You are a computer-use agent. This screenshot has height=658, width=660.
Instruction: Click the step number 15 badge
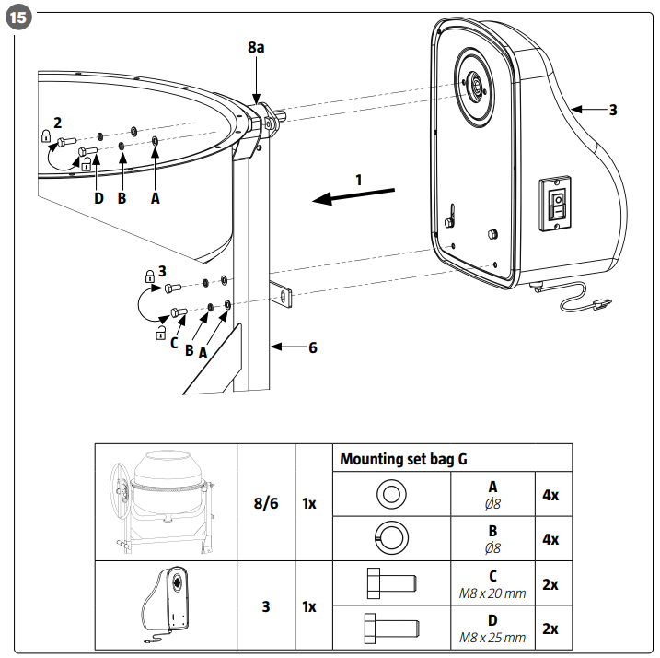pyautogui.click(x=18, y=18)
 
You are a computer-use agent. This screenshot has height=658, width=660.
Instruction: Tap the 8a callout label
pyautogui.click(x=256, y=47)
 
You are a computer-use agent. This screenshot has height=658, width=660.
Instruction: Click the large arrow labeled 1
pyautogui.click(x=353, y=196)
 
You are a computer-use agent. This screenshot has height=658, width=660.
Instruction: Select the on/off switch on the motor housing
pyautogui.click(x=557, y=204)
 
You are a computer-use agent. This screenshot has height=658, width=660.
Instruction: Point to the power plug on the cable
pyautogui.click(x=601, y=302)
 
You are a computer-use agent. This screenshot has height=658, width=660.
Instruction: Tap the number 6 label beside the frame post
pyautogui.click(x=313, y=347)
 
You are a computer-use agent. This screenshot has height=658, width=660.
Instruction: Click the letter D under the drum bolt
pyautogui.click(x=98, y=198)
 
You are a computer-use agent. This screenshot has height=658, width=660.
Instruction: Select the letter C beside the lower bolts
pyautogui.click(x=174, y=343)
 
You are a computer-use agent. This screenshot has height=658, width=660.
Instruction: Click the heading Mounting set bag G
pyautogui.click(x=403, y=459)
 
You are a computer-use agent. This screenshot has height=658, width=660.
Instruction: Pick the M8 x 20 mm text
pyautogui.click(x=492, y=593)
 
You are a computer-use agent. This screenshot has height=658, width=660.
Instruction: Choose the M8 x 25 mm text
pyautogui.click(x=492, y=638)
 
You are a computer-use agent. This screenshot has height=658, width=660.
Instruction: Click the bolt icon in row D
pyautogui.click(x=391, y=629)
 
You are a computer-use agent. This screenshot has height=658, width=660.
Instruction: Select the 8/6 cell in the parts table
pyautogui.click(x=266, y=503)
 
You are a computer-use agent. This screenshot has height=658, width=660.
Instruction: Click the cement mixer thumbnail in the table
pyautogui.click(x=165, y=501)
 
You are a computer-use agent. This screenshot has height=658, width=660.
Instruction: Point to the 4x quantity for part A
pyautogui.click(x=550, y=495)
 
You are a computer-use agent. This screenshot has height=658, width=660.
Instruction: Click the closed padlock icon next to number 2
pyautogui.click(x=46, y=135)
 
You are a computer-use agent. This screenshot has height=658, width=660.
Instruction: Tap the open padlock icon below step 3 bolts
pyautogui.click(x=160, y=333)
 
